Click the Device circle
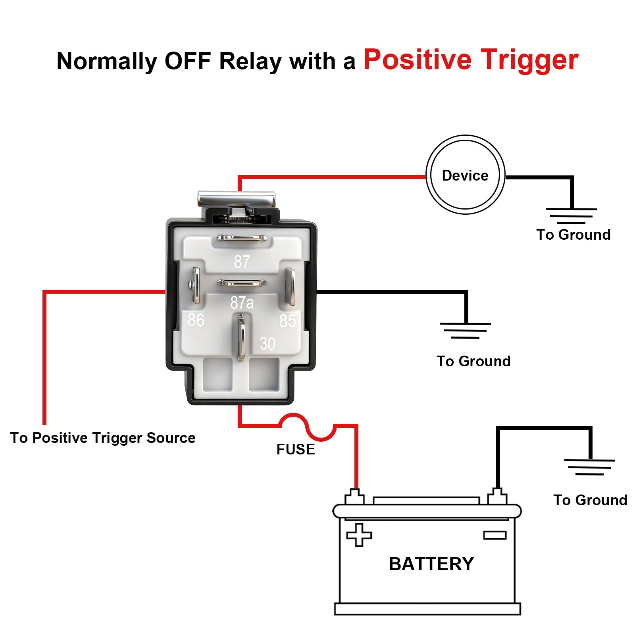pos(465,175)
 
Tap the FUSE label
pos(296,449)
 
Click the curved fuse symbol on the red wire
pos(308,427)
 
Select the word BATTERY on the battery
pos(431,564)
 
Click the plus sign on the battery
pos(359,535)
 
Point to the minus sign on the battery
pos(495,535)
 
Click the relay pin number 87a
pos(242,303)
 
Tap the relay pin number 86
pos(196,320)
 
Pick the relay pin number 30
pos(267,344)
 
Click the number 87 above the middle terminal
pos(242,262)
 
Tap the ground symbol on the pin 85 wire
pos(466,331)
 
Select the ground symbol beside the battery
pos(590,467)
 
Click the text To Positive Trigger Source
pos(103,438)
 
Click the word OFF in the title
pos(187,61)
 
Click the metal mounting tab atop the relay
pos(237,198)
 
